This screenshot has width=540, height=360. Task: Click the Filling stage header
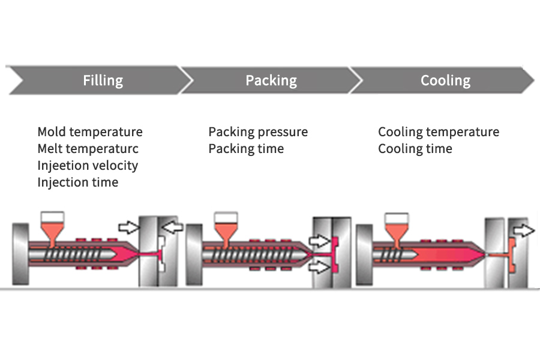tap(103, 80)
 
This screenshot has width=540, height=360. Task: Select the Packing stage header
tap(271, 80)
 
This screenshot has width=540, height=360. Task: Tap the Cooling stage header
tap(445, 80)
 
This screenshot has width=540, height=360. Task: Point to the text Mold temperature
tap(90, 132)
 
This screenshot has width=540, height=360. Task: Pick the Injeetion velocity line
tap(88, 166)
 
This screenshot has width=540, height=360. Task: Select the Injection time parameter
tap(78, 182)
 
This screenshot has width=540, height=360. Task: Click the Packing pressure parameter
tap(258, 132)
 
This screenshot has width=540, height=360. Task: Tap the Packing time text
tap(246, 149)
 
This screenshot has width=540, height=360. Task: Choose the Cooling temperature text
tap(439, 132)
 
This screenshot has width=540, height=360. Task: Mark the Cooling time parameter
tap(415, 149)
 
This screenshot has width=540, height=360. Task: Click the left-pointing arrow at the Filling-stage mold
tap(173, 226)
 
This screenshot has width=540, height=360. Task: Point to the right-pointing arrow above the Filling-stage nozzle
tap(128, 227)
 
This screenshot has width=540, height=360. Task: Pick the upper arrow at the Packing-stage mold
tap(319, 241)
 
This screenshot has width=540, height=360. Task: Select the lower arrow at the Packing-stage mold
tap(319, 266)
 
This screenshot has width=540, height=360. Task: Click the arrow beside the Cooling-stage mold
tap(523, 230)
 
